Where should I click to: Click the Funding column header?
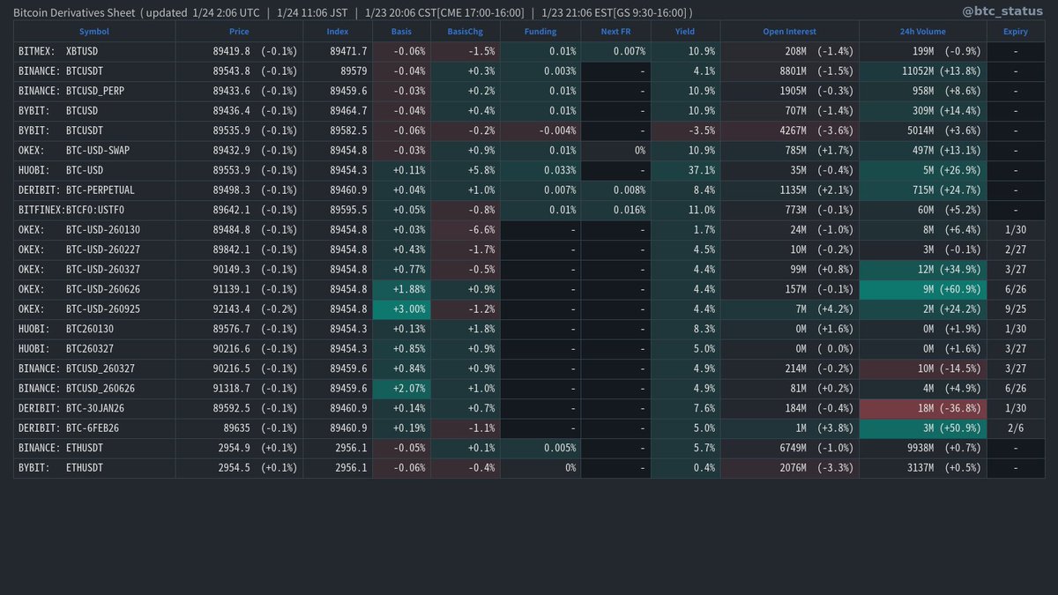(x=540, y=32)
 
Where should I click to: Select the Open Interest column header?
(x=789, y=32)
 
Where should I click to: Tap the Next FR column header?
(x=615, y=32)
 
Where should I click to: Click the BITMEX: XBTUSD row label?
(x=58, y=51)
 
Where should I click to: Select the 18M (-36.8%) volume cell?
(x=920, y=407)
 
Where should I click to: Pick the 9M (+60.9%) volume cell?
(x=920, y=288)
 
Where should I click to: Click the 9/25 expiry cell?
(x=1016, y=309)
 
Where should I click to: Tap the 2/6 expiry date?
(x=1016, y=428)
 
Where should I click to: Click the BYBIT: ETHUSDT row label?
(x=61, y=467)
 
